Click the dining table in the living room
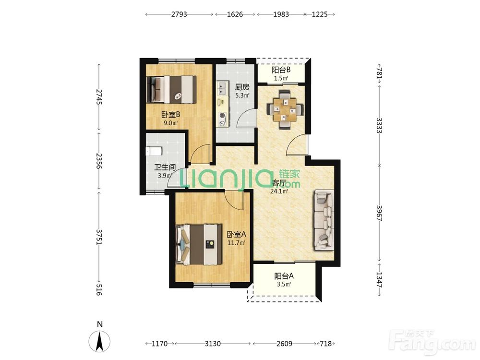tap(285, 109)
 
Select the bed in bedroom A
tap(199, 244)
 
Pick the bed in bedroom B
tap(172, 89)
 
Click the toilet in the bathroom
tap(154, 151)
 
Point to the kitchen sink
tap(222, 88)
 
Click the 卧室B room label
tap(170, 115)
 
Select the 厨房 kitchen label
tap(242, 87)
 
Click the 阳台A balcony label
tap(284, 276)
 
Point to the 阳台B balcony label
tap(281, 70)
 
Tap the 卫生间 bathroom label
tap(165, 167)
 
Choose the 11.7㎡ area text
tap(236, 243)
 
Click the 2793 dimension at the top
tap(179, 14)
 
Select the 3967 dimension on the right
tap(379, 213)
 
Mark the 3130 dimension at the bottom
tap(213, 344)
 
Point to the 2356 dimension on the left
tap(98, 161)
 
